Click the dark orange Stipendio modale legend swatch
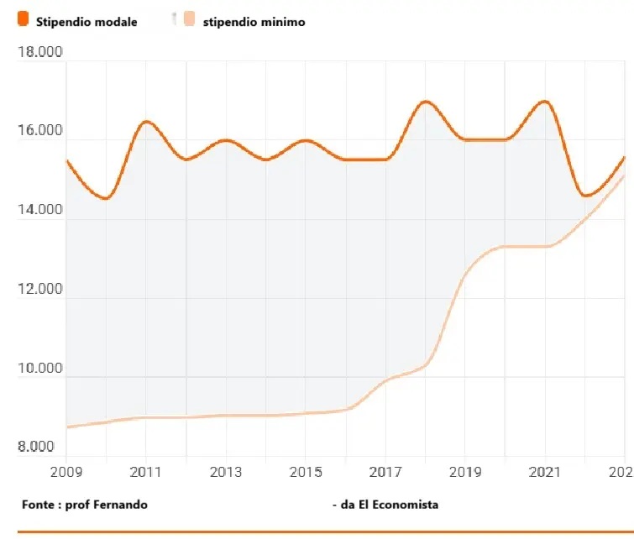coord(23,20)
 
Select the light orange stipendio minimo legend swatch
coord(190,20)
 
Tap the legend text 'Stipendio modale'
coord(86,22)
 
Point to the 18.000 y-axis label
coord(40,53)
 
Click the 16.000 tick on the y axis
coord(40,131)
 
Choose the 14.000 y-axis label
coord(40,210)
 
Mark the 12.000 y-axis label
coord(40,290)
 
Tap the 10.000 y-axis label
coord(40,369)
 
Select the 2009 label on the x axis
coord(66,472)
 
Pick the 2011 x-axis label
coord(146,472)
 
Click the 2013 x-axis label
coord(226,472)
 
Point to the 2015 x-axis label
coord(306,472)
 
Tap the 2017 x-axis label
coord(385,472)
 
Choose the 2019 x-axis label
coord(465,472)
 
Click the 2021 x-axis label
coord(545,472)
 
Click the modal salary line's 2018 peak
coord(425,102)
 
